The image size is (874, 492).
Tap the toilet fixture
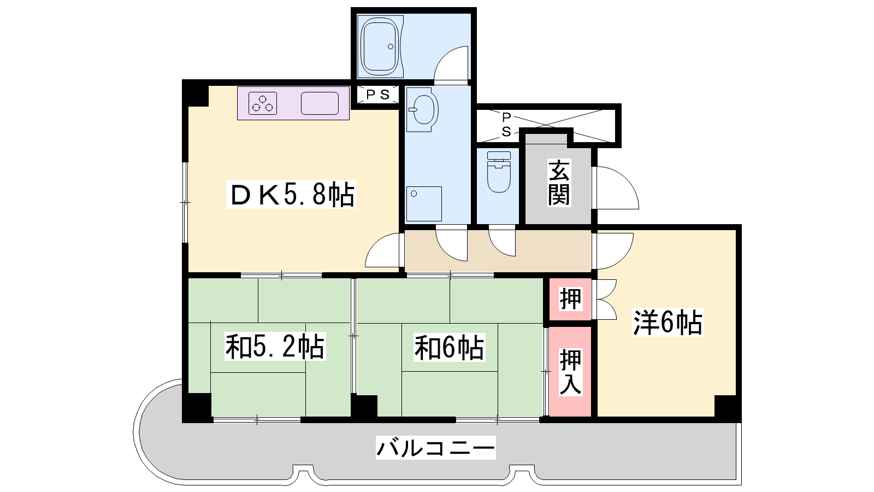[x=499, y=172]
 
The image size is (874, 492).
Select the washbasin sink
[x=422, y=109]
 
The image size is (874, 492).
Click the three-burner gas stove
[x=263, y=103]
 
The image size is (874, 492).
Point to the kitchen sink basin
[x=320, y=103]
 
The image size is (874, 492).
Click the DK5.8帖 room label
[x=291, y=195]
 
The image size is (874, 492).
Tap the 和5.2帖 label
[x=275, y=347]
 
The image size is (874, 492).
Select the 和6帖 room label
[x=449, y=347]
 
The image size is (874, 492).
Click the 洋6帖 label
[x=668, y=323]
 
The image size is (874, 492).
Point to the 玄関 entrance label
[x=559, y=183]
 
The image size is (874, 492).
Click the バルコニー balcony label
[x=435, y=448]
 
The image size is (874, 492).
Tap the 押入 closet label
[x=570, y=372]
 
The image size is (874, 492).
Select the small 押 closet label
[x=570, y=298]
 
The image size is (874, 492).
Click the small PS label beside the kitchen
[x=377, y=95]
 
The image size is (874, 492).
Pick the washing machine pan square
[x=424, y=204]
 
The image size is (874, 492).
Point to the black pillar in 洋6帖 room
[x=727, y=408]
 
